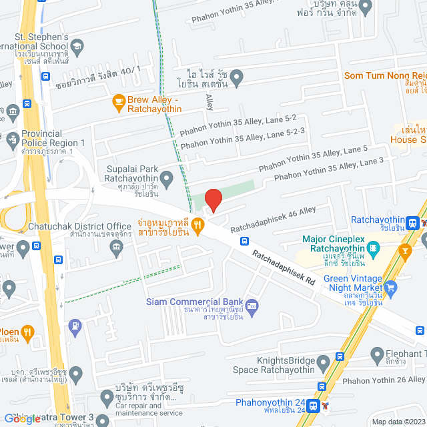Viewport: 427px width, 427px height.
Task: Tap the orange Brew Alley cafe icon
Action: [x=119, y=102]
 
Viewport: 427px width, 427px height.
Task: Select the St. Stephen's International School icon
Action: [x=77, y=45]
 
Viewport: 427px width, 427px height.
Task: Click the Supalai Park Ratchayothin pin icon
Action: [x=167, y=177]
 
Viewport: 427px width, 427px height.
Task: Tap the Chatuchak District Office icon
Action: [x=117, y=248]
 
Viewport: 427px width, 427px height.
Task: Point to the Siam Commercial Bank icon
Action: [x=252, y=306]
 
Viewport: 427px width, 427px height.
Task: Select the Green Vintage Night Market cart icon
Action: [x=391, y=288]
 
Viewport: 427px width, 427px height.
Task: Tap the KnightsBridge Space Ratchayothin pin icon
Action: [x=323, y=362]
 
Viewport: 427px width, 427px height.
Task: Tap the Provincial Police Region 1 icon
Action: [x=11, y=139]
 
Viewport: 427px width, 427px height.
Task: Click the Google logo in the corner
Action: [x=22, y=418]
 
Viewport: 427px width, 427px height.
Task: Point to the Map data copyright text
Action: [x=398, y=422]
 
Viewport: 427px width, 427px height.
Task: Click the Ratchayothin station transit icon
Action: [x=414, y=222]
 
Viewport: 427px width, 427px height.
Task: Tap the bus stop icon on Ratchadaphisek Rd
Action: [x=245, y=241]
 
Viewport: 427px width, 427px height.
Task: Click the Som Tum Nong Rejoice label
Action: [x=384, y=75]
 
